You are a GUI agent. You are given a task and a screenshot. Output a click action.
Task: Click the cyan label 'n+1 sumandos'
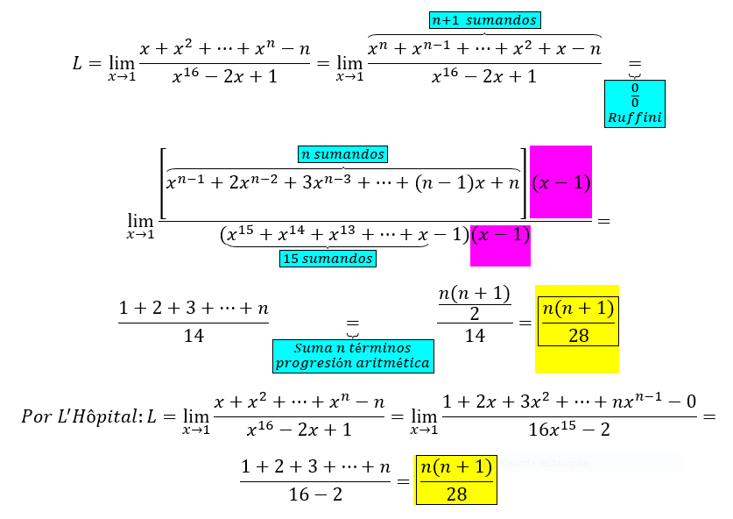[485, 20]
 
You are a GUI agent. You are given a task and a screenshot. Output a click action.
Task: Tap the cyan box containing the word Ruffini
[635, 104]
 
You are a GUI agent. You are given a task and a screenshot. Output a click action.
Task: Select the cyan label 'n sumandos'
[342, 154]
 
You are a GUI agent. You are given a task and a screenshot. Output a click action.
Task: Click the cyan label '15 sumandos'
[328, 259]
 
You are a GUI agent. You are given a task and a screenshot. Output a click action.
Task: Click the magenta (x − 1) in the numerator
[561, 183]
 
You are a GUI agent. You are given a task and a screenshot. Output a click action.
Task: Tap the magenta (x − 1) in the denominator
[500, 237]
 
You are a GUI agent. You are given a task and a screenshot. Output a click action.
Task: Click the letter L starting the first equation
[78, 62]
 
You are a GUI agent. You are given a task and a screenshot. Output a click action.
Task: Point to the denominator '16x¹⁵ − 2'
[568, 430]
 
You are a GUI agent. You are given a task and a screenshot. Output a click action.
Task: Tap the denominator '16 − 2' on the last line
[315, 494]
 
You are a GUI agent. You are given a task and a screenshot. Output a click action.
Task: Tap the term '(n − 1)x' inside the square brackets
[454, 183]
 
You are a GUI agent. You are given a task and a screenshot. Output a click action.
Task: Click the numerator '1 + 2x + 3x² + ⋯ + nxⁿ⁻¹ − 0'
[569, 402]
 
